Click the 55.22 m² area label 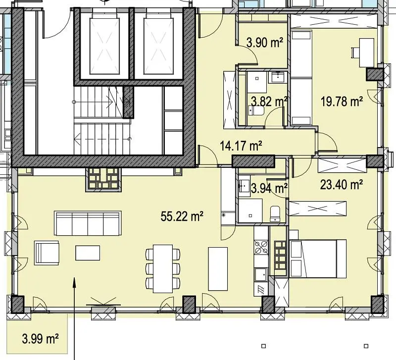coord(182,216)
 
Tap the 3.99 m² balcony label coord(41,339)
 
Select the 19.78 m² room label coord(342,102)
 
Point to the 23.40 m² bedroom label coord(342,184)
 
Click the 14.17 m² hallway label coord(241,146)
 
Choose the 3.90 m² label coord(265,43)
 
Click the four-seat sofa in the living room coord(88,223)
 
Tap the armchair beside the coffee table coord(47,253)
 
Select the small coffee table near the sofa coord(88,253)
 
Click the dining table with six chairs coord(163,268)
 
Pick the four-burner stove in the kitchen coord(261,247)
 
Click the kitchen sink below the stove coord(261,274)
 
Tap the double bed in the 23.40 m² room coord(318,258)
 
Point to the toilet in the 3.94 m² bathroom coord(275,214)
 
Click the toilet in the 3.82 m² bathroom coord(256,110)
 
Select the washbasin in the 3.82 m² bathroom coord(278,77)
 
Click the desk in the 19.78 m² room coord(366,52)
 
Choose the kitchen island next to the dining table coord(218,269)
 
